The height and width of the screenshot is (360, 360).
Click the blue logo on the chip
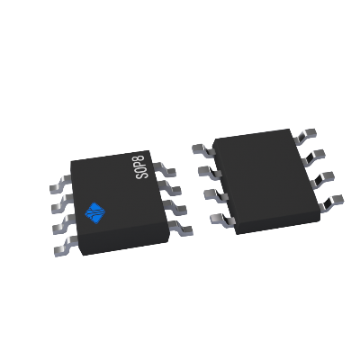(94, 212)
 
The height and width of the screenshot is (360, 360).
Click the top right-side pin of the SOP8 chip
(166, 168)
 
